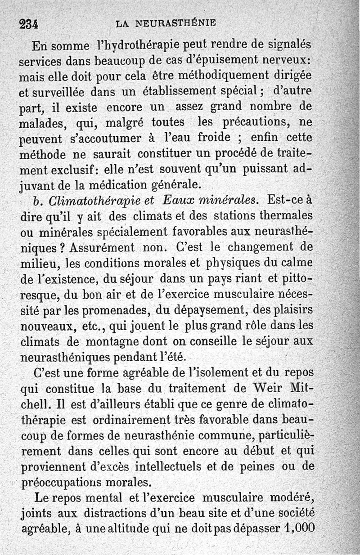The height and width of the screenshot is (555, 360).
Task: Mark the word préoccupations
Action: pos(62,483)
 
